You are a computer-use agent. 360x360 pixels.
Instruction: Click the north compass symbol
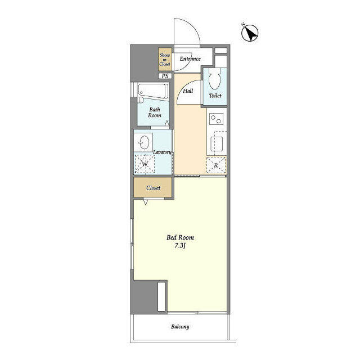(x=250, y=33)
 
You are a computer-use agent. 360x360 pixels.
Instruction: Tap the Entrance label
(x=190, y=58)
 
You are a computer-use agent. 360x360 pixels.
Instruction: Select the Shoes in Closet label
(x=165, y=59)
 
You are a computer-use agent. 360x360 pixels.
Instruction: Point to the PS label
(x=165, y=76)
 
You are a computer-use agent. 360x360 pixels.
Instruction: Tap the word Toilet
(x=215, y=96)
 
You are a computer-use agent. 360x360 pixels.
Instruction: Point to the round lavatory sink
(x=145, y=142)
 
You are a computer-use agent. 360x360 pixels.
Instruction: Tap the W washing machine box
(x=145, y=165)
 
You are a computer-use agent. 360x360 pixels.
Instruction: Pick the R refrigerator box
(x=216, y=165)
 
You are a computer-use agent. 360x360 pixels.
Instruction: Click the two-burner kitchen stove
(x=216, y=119)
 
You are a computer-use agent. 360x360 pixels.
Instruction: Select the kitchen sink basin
(x=217, y=144)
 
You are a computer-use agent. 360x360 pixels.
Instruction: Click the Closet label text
(x=153, y=188)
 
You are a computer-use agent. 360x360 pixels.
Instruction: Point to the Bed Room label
(x=180, y=237)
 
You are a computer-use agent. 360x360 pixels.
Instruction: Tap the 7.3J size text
(x=180, y=246)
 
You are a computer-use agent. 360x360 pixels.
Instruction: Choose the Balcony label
(x=180, y=327)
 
